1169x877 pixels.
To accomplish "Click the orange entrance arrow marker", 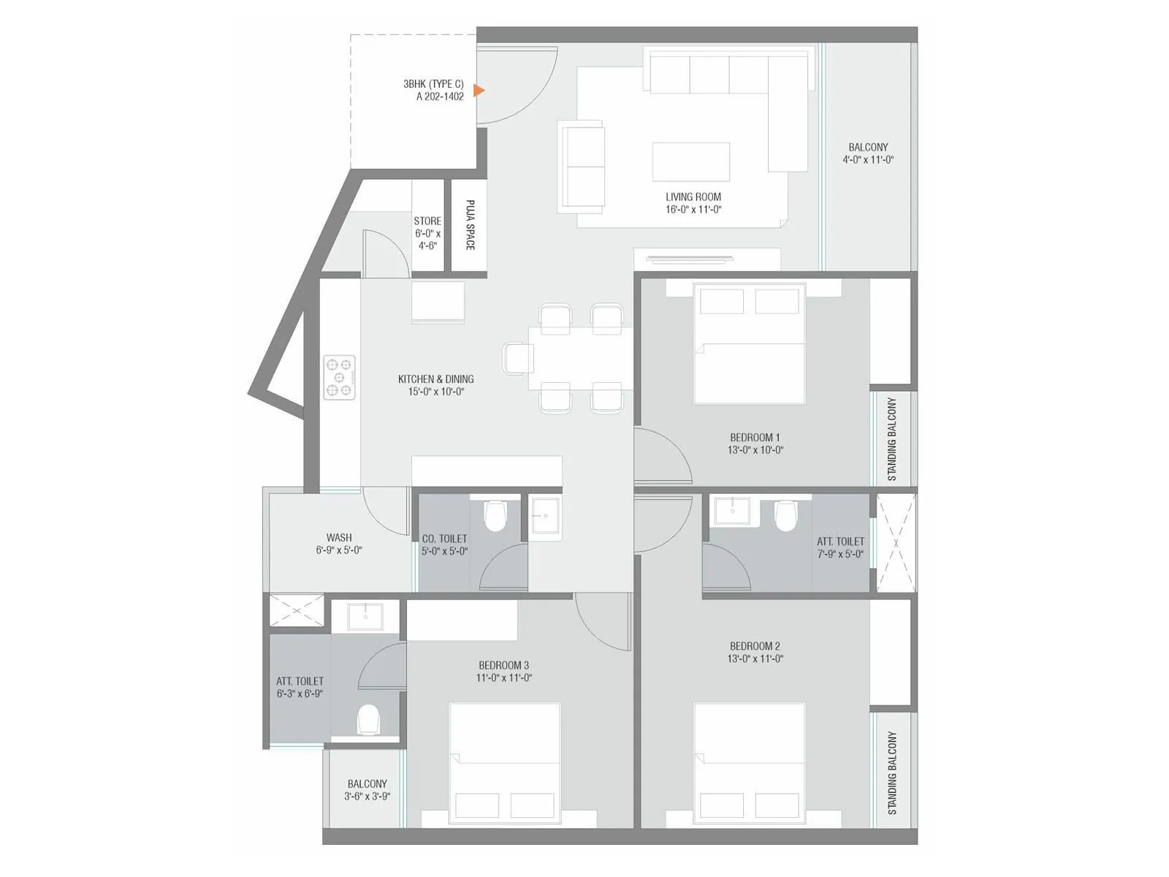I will [479, 91].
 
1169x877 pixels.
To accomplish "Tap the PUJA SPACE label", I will [470, 225].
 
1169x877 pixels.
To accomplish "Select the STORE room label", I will [427, 221].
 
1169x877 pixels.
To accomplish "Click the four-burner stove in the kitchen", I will [340, 377].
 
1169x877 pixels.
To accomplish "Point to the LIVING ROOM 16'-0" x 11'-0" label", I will [693, 203].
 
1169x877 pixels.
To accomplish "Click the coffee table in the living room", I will [690, 162].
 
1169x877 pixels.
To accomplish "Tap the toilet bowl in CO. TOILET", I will [495, 517].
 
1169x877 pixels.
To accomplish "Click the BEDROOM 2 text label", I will [755, 646].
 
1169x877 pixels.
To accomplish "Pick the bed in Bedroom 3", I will [504, 764].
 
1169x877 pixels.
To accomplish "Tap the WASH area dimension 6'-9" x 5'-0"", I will [339, 550].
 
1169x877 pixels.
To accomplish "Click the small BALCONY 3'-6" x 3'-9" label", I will [367, 790].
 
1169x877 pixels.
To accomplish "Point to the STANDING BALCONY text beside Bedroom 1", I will [891, 439].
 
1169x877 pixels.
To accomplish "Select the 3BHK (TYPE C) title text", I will [433, 84].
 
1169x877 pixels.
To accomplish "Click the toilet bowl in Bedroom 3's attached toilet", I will [368, 719].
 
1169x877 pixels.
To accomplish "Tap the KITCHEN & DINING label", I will [435, 379].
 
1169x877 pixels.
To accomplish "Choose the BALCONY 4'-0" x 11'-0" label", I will [868, 153].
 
